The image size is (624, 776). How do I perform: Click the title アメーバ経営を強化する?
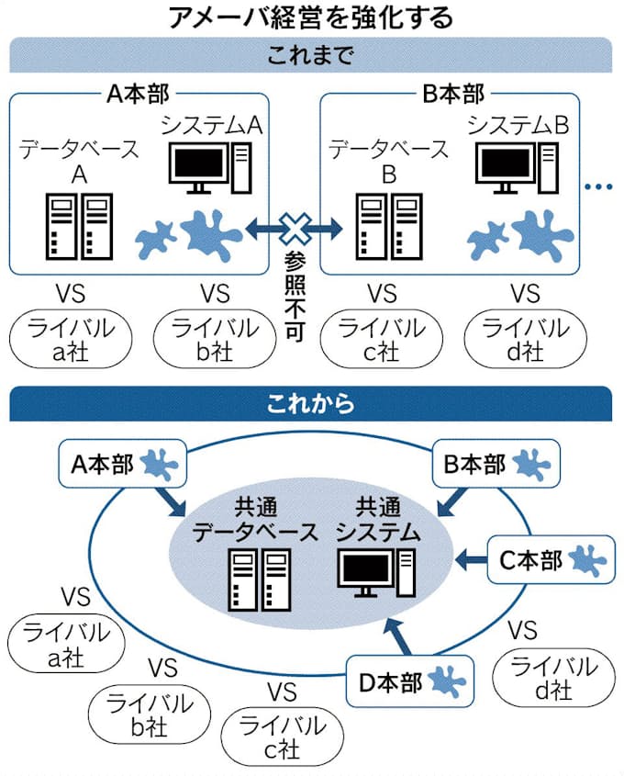point(311,17)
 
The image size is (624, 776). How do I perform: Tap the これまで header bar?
point(311,54)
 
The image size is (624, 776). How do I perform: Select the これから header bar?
point(311,402)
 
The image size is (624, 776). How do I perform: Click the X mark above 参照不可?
point(295,227)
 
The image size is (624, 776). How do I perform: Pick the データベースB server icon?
point(385,225)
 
